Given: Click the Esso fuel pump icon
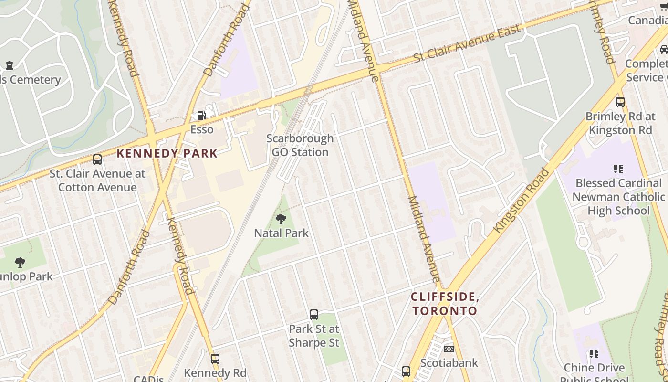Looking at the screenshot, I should click(x=202, y=116).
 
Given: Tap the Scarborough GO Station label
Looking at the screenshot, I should click(x=300, y=145).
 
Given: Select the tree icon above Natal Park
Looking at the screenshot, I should click(x=281, y=219).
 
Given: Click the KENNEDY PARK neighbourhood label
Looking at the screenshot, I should click(x=167, y=153).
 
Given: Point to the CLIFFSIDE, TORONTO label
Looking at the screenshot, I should click(x=445, y=304).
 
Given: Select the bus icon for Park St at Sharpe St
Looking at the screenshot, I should click(x=314, y=315).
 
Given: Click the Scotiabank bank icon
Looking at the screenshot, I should click(x=449, y=349).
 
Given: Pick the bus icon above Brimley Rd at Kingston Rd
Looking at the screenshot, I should click(x=620, y=102).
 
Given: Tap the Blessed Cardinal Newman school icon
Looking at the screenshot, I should click(x=618, y=169).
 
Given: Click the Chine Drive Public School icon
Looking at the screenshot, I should click(x=594, y=354).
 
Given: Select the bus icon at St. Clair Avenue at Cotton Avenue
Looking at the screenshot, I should click(x=97, y=159).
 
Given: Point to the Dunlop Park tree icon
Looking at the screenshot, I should click(x=20, y=262).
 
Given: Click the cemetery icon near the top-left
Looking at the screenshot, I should click(x=10, y=65).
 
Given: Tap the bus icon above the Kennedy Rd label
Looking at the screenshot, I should click(x=215, y=359).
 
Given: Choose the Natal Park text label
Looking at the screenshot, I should click(x=281, y=233).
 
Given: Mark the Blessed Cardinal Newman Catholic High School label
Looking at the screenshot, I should click(x=618, y=197).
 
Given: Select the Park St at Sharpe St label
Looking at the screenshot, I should click(x=314, y=336).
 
